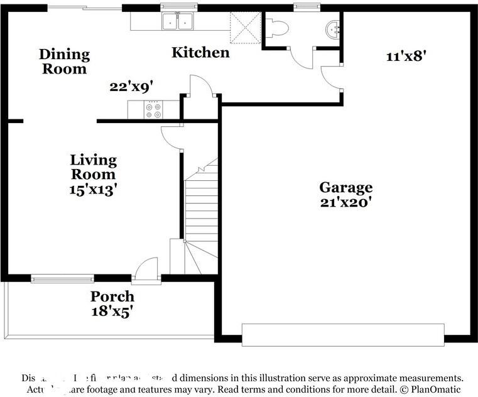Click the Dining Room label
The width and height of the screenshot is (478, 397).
[x=64, y=62]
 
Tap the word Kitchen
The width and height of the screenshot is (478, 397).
[x=200, y=52]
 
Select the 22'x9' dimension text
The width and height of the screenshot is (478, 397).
[x=131, y=87]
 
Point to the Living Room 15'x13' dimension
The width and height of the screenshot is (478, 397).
[x=93, y=189]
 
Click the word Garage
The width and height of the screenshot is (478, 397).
[x=345, y=187]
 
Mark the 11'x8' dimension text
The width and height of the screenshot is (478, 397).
[x=406, y=55]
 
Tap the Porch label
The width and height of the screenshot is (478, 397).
[x=112, y=296]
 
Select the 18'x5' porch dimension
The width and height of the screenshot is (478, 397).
[x=112, y=310]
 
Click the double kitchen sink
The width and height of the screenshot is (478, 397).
[x=178, y=22]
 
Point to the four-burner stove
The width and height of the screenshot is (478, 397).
[x=153, y=111]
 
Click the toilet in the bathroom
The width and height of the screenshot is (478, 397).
[x=277, y=27]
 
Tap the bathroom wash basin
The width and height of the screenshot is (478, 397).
[x=333, y=28]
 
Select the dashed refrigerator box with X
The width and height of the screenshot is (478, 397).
[x=244, y=24]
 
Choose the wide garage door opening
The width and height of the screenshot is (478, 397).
[x=342, y=334]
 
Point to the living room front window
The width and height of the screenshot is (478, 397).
[x=62, y=278]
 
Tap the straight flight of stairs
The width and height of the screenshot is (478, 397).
[x=201, y=207]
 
